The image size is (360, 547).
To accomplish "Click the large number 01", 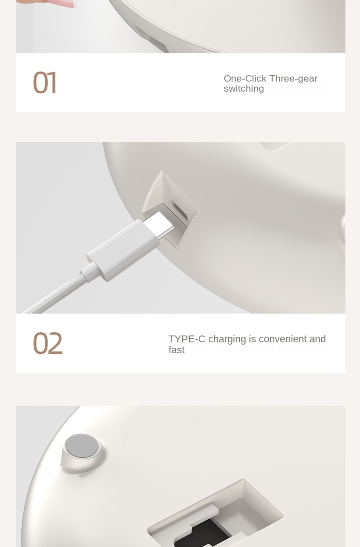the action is click(x=44, y=83).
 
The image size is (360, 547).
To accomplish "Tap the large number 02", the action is click(x=47, y=343).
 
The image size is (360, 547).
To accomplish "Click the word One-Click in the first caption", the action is click(x=245, y=78).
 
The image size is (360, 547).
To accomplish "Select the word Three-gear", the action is click(x=293, y=78).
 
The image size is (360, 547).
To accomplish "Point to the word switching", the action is click(x=244, y=88).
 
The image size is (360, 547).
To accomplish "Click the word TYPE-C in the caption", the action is click(x=187, y=339).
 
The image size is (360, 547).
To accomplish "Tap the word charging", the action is click(x=227, y=340).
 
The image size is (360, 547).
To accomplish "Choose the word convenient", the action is click(x=283, y=339).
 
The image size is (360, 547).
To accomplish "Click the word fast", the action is click(x=176, y=350).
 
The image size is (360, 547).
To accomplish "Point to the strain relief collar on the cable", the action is click(x=89, y=272).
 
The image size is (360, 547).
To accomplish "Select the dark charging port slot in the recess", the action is click(x=180, y=211).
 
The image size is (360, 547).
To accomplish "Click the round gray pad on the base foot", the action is click(x=82, y=447).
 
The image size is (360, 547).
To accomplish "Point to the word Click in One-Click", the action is click(x=256, y=78).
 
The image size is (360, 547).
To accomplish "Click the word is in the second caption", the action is click(x=252, y=339).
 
